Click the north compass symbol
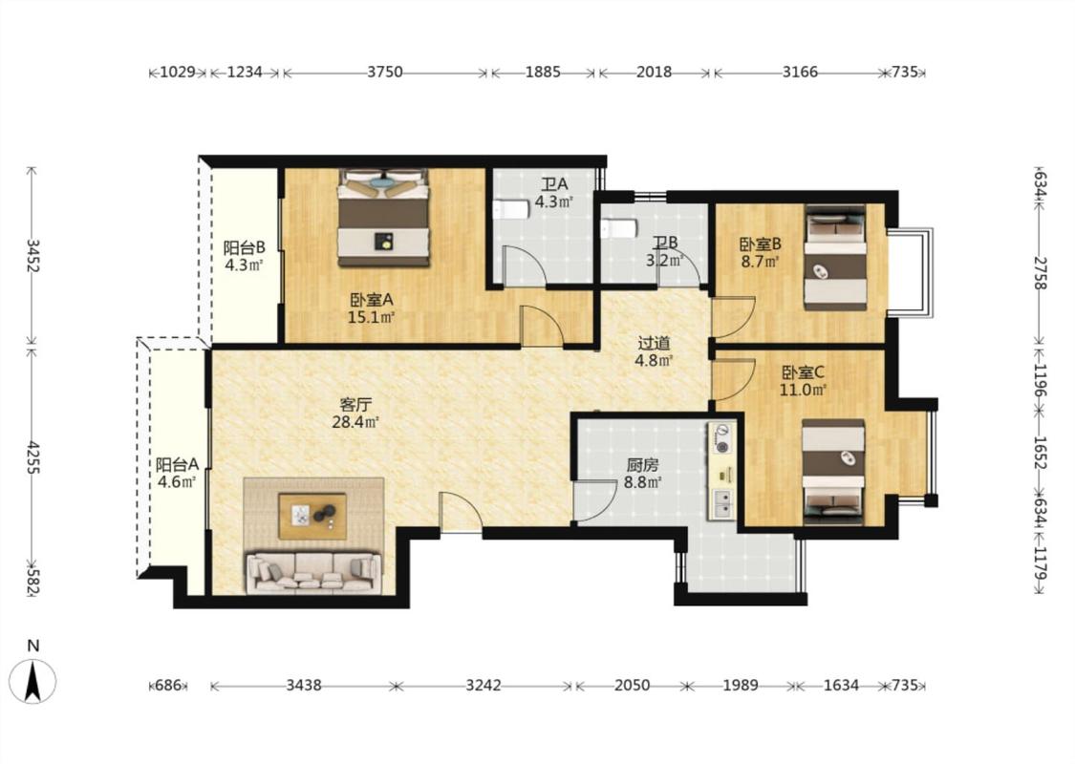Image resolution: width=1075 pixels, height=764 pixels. click(32, 680)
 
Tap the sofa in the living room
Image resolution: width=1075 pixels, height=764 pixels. click(313, 573)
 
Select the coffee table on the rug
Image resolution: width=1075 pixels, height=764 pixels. click(312, 516)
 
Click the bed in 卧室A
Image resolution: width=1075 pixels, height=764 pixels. click(383, 217)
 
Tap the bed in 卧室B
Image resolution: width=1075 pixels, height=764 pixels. click(834, 258)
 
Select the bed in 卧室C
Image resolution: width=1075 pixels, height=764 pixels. click(833, 472)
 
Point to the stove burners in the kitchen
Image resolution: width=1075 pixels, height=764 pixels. click(721, 439)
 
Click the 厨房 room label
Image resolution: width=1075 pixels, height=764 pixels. click(642, 465)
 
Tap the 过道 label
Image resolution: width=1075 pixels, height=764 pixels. click(654, 343)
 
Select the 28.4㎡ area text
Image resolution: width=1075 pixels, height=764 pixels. click(355, 422)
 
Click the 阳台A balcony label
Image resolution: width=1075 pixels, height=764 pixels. click(177, 464)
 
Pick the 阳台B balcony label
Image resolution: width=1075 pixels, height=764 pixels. click(244, 247)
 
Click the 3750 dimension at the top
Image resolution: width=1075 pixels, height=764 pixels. click(385, 72)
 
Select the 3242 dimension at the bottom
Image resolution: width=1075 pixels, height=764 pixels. click(484, 685)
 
